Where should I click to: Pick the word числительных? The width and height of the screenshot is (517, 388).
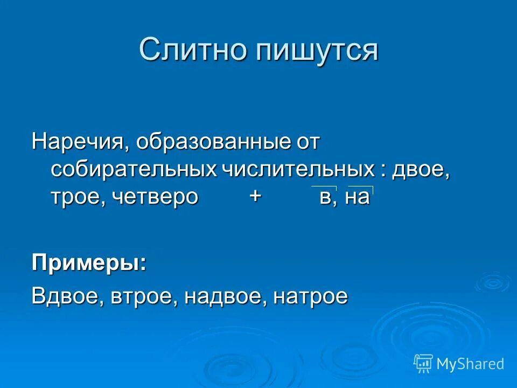tap(297, 170)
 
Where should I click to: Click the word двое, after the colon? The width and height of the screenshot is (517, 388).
tap(421, 170)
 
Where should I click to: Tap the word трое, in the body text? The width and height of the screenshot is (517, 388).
tap(79, 197)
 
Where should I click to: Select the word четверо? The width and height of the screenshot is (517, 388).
tap(156, 197)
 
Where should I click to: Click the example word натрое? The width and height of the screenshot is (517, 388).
tap(311, 296)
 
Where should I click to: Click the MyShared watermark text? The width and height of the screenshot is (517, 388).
tap(470, 364)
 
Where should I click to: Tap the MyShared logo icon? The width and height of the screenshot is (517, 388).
tap(423, 363)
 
